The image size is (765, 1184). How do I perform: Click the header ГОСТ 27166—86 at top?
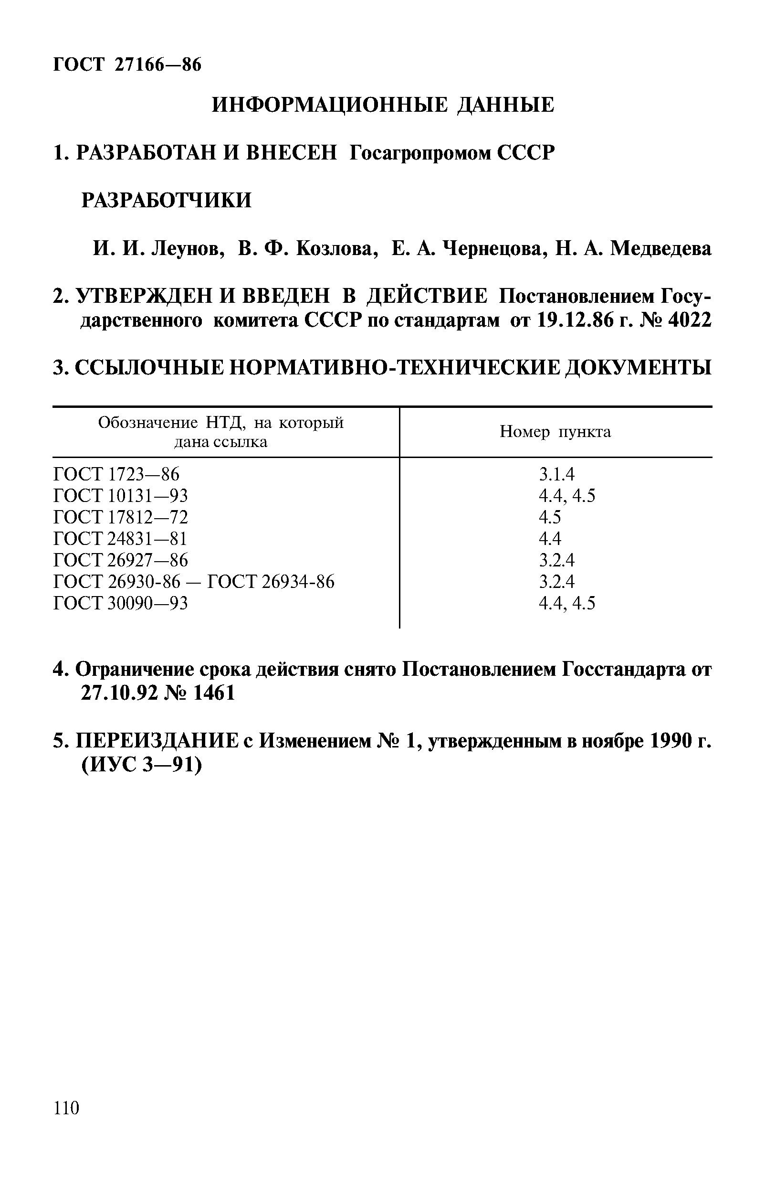coord(127,64)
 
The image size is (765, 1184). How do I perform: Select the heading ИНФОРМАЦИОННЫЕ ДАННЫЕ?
coord(383,105)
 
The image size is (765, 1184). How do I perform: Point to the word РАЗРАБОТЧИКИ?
coord(167,200)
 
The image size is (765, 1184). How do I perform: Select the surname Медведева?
coord(660,248)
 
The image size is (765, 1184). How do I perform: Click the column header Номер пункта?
coord(555,432)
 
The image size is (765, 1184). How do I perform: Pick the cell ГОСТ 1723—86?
coord(116,474)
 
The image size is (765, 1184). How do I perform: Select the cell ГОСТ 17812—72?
coord(121,517)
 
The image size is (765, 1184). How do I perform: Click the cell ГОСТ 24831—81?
coord(120,538)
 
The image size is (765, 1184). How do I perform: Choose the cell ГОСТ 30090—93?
coord(121,603)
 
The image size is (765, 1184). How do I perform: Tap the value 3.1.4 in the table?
coord(556,474)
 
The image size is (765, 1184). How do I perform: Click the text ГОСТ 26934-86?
coord(271,582)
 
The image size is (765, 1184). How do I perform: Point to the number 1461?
coord(214,693)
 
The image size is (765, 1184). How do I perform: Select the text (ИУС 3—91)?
coord(142,765)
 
